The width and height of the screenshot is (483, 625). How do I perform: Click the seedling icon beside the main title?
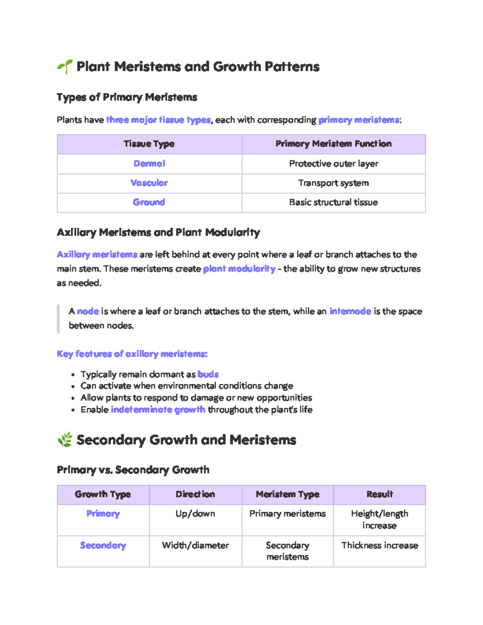tap(64, 67)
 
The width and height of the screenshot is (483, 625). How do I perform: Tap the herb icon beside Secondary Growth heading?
tap(65, 439)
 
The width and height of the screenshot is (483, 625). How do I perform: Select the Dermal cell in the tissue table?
tap(149, 164)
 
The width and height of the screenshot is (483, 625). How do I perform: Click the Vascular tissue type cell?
tap(149, 183)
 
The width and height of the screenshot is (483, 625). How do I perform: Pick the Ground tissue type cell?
tap(149, 202)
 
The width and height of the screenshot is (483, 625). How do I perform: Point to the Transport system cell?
tap(333, 183)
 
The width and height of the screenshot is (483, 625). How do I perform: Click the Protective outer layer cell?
tap(333, 164)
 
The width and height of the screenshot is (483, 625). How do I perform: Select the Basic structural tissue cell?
tap(333, 202)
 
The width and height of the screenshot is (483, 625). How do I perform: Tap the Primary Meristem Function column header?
tap(333, 144)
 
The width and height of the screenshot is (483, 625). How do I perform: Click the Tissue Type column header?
tap(149, 144)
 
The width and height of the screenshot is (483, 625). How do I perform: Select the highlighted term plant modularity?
tap(239, 269)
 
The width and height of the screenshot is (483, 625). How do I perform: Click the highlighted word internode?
tap(350, 311)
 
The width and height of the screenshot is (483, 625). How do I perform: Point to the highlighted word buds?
tap(208, 375)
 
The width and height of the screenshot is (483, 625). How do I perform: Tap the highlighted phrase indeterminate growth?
tap(158, 410)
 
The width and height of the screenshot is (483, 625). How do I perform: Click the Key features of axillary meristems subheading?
tap(132, 354)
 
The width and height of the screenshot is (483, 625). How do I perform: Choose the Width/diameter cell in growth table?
tap(195, 546)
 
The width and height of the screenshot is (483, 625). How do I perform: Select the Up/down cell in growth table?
tap(195, 514)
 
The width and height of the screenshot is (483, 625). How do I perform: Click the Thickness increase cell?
tap(379, 546)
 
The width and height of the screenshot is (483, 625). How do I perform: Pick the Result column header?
tap(379, 495)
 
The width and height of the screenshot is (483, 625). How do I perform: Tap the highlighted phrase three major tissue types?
tap(158, 120)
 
